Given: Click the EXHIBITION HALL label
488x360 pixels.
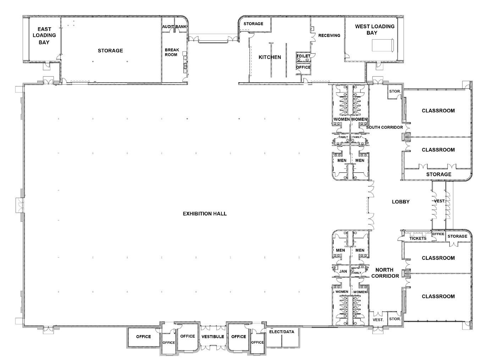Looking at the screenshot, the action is point(205,214).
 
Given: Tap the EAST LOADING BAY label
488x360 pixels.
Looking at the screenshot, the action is point(44,35).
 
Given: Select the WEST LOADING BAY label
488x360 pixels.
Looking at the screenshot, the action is point(375,29).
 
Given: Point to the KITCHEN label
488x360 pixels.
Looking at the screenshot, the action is point(270,57).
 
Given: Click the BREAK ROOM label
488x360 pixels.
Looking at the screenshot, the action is point(172,52).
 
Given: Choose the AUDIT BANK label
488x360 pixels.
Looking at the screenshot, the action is point(174,27).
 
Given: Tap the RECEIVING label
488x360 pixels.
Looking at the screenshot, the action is point(329,35).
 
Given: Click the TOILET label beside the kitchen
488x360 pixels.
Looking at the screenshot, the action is point(303,56).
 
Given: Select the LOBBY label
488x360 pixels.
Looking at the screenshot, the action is point(401,202).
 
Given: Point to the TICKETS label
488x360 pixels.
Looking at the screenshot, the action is point(418,238).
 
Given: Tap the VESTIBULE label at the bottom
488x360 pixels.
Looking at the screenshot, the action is point(213,336).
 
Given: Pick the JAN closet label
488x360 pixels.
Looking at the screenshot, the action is point(343,271).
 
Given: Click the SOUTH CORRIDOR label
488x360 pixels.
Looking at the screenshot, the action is point(384,127).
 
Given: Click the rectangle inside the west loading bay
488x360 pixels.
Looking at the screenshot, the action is point(382,45).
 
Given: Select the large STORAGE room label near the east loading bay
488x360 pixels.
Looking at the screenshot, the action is point(110,51).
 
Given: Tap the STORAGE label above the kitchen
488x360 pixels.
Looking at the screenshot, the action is point(253,24).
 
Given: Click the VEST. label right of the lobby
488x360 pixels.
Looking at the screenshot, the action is point(439,201).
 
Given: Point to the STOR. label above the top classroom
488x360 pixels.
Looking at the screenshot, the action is point(395,91).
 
